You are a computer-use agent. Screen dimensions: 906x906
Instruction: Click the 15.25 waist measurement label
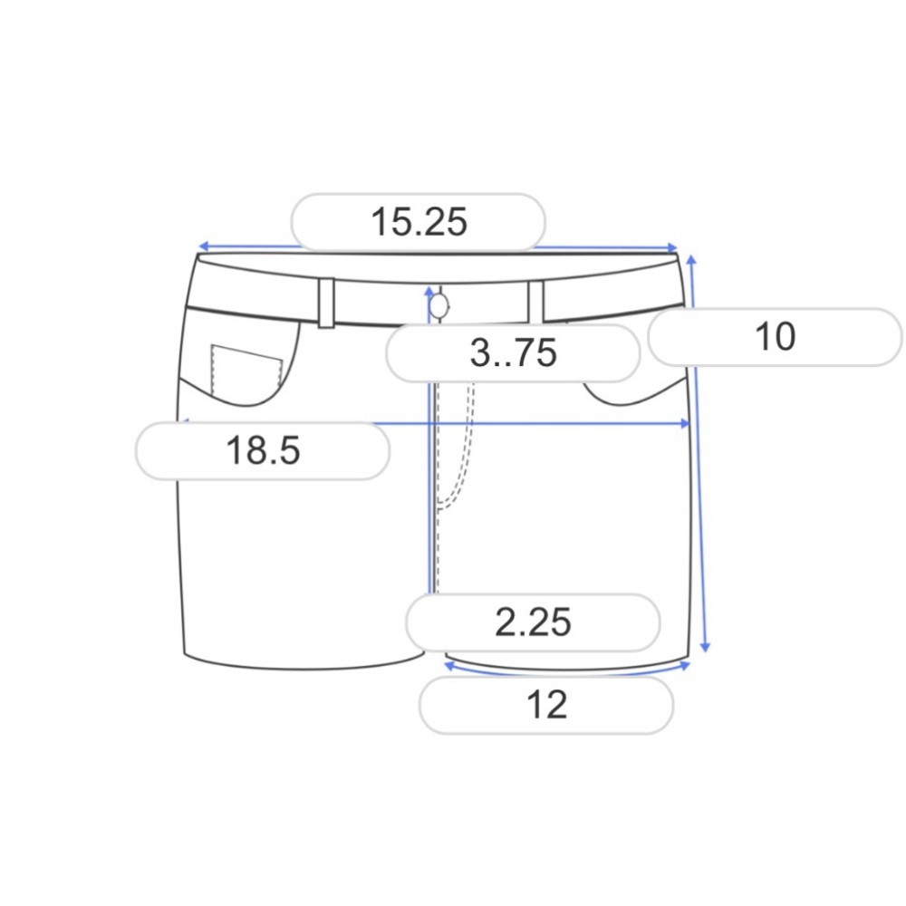tap(419, 222)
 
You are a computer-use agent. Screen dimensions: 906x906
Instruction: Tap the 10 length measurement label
tap(775, 336)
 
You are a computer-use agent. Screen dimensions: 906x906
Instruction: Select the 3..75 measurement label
tap(513, 353)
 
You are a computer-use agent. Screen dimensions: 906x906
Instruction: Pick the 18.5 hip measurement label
tap(263, 450)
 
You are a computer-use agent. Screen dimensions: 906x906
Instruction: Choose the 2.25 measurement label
tap(533, 622)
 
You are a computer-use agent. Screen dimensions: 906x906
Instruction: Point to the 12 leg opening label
tap(546, 705)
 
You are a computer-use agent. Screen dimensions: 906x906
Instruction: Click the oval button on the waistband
tap(439, 306)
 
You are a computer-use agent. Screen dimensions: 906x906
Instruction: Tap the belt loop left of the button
tap(326, 304)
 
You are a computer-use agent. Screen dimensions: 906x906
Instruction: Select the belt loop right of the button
tap(536, 302)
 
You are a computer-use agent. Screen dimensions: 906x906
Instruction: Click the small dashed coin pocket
tap(246, 371)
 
